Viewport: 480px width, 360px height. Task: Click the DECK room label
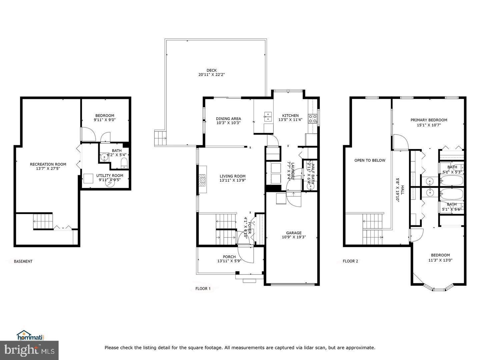click(211, 70)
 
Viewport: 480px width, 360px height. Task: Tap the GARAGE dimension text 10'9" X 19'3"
click(294, 237)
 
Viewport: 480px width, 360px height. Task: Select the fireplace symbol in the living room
click(202, 180)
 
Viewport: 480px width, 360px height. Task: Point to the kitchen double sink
click(267, 116)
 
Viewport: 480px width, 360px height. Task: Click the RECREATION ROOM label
click(48, 164)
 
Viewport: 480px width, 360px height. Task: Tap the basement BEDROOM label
click(104, 116)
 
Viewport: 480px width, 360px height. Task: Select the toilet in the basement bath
click(124, 163)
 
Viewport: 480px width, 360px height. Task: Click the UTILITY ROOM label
click(110, 175)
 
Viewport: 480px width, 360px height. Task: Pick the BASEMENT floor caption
click(23, 261)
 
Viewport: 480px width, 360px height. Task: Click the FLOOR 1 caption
click(203, 289)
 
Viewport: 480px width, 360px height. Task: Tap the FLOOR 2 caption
click(350, 261)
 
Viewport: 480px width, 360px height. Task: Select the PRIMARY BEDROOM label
click(429, 120)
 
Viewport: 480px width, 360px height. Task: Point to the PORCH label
click(229, 257)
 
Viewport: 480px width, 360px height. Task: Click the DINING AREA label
click(228, 119)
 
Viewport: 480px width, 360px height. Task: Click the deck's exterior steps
click(160, 138)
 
